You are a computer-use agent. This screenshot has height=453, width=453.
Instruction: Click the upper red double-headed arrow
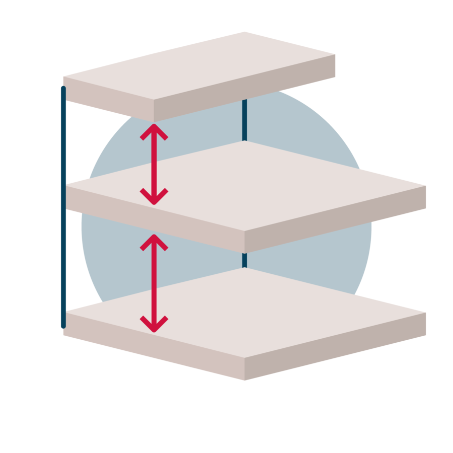click(154, 164)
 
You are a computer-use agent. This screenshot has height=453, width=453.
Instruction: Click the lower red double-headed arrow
click(154, 284)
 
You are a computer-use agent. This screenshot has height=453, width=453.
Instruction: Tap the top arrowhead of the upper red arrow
click(154, 130)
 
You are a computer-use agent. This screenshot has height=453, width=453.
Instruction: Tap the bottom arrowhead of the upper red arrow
click(154, 198)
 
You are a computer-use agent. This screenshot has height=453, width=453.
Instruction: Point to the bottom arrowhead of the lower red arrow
click(154, 326)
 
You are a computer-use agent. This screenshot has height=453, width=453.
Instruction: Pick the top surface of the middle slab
click(247, 186)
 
